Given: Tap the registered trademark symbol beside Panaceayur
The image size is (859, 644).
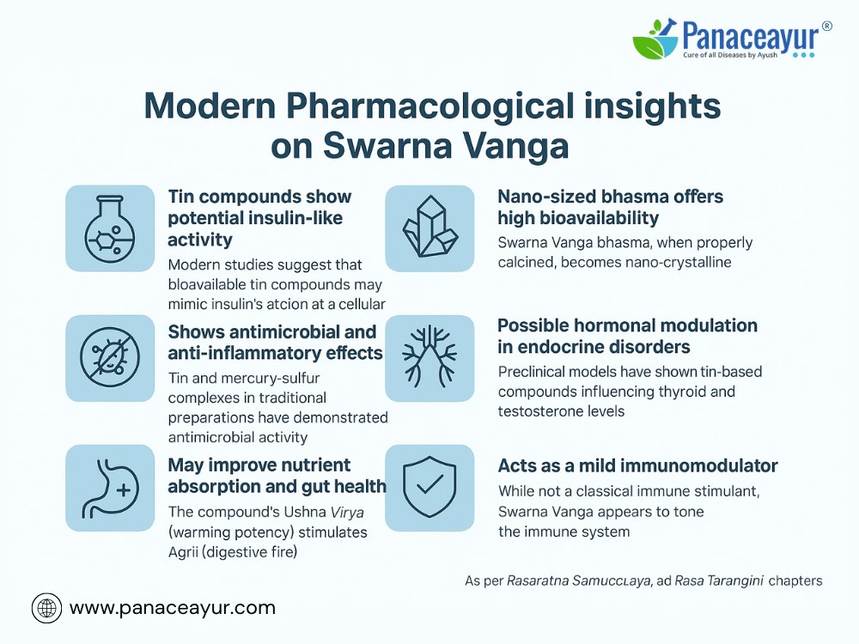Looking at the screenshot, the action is point(826,26).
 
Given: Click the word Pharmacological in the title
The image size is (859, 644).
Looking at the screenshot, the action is point(429,106).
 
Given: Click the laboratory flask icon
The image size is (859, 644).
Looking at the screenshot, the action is point(110,228).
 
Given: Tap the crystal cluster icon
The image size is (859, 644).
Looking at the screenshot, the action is point(430,227).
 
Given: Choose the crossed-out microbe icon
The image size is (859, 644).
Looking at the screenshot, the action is point(110,357).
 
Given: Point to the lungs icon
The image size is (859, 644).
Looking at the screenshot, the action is point(430,356).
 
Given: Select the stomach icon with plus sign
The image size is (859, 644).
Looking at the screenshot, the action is point(110,488).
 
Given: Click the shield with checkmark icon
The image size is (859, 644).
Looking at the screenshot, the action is point(429,487).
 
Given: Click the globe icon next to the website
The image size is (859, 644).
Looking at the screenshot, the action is point(46,609).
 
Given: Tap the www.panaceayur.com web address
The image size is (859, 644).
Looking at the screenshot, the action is point(173,608).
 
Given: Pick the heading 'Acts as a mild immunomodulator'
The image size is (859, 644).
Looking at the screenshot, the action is point(637,465).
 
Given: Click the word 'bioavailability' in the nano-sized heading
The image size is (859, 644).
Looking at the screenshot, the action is point(600,218).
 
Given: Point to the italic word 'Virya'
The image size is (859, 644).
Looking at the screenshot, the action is point(347,513).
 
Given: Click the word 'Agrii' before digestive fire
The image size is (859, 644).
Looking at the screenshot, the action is point(183,552).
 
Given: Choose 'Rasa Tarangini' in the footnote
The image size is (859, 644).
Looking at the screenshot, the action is point(719,580).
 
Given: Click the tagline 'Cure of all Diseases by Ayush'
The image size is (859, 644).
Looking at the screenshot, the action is point(730,55).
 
